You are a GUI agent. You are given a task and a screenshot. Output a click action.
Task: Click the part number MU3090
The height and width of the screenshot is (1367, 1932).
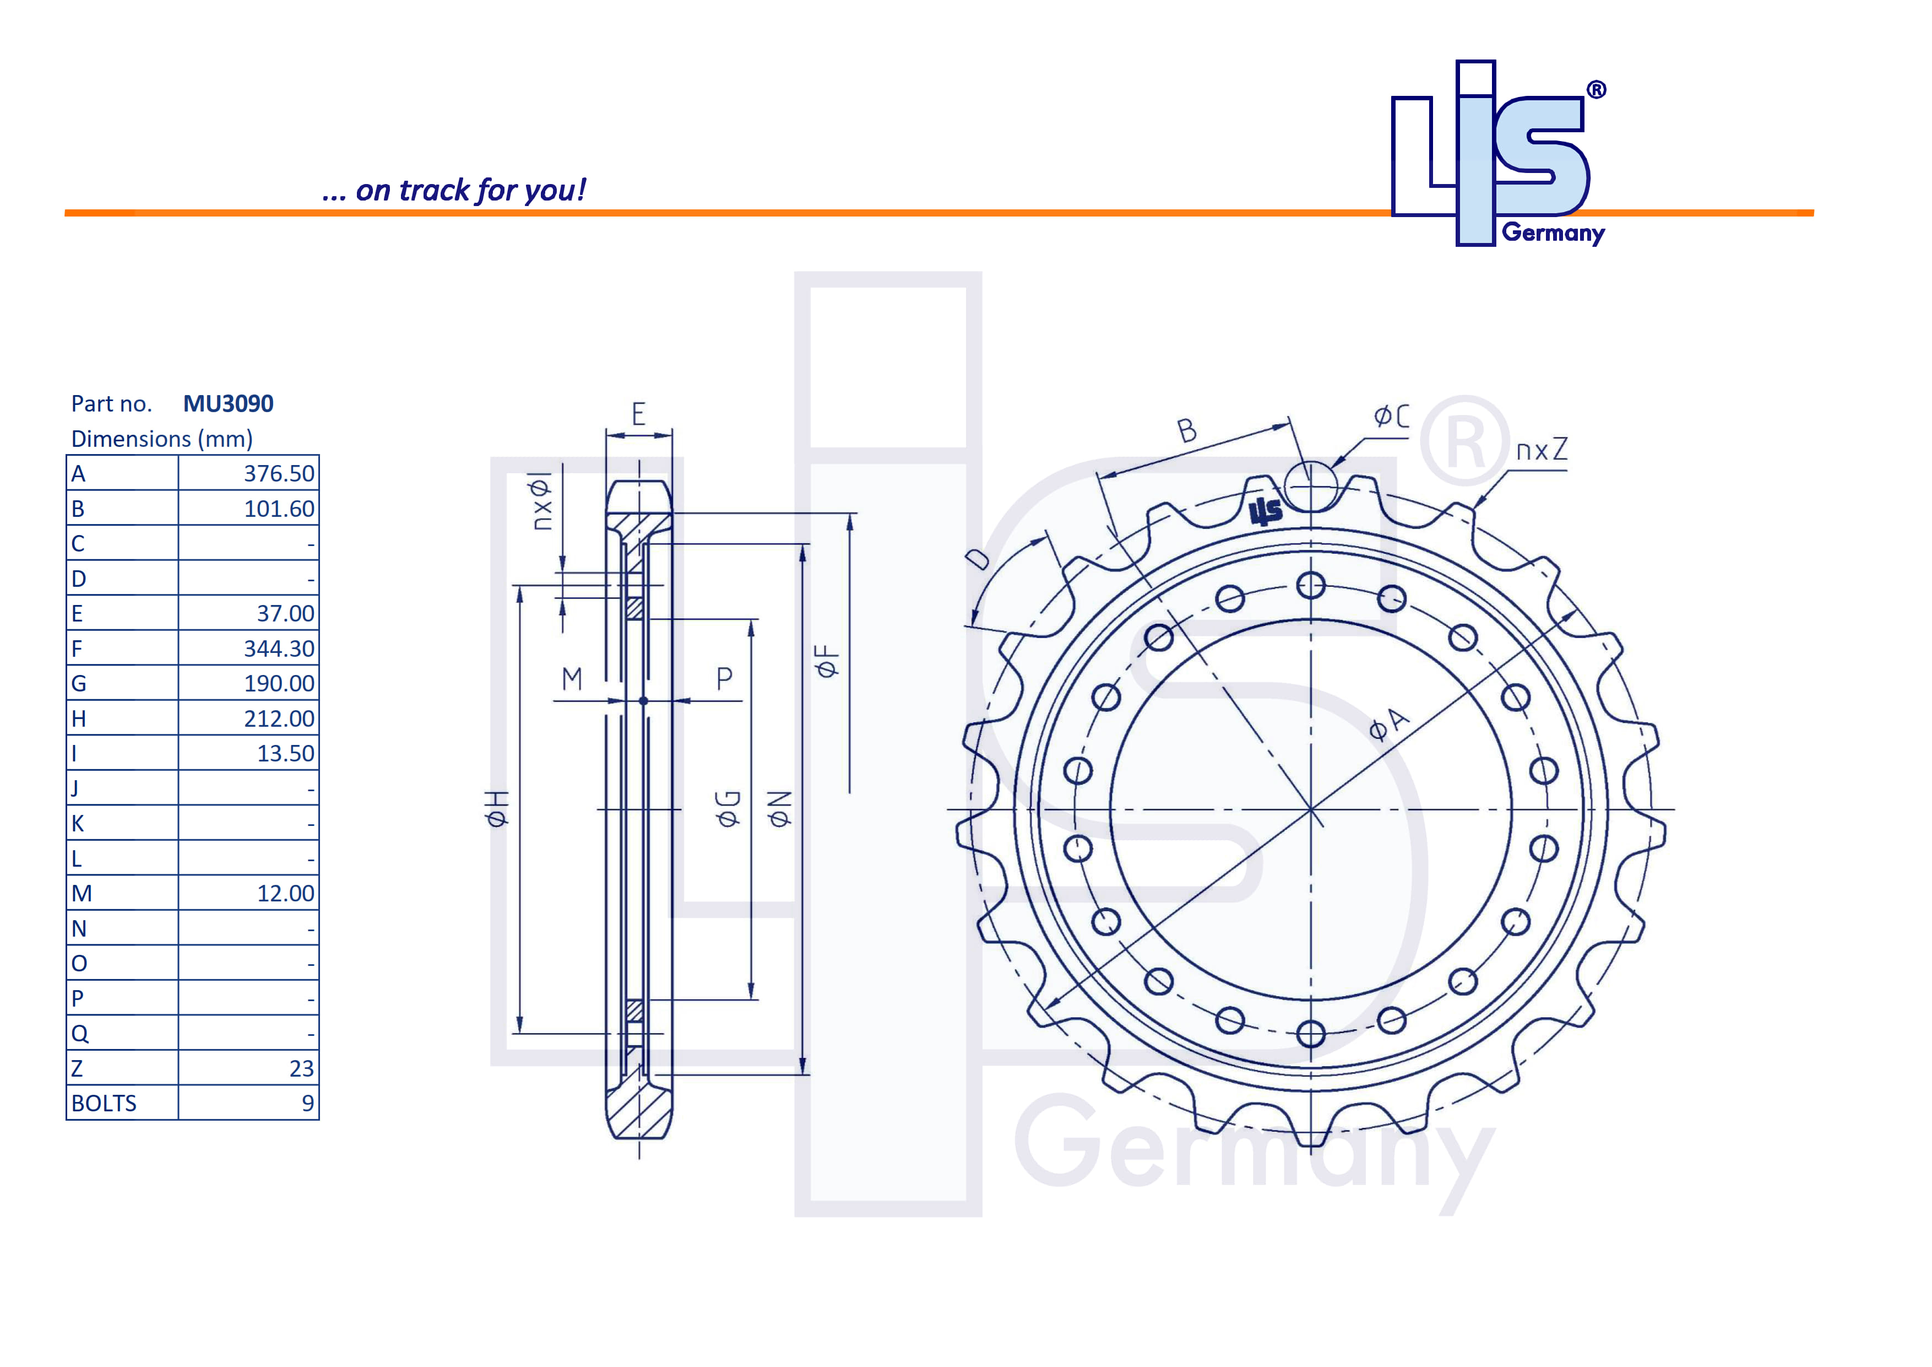coord(228,404)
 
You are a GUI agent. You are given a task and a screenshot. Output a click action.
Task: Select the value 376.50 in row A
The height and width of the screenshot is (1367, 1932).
coord(279,474)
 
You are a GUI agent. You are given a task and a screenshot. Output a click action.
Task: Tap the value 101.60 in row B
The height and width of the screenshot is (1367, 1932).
coord(279,509)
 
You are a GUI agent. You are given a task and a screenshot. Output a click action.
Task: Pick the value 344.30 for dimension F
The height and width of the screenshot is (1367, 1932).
coord(279,649)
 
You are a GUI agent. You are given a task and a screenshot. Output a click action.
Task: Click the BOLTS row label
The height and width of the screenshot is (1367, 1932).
coord(104,1104)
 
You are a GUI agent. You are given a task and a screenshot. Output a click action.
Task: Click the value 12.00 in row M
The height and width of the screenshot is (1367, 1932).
coord(285,894)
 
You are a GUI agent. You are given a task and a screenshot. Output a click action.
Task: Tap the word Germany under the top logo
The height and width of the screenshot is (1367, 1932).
coord(1553,233)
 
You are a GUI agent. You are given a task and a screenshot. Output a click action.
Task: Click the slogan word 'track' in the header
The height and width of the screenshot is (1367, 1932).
coord(433,191)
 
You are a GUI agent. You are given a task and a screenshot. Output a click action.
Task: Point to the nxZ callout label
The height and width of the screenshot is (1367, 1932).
coord(1542,450)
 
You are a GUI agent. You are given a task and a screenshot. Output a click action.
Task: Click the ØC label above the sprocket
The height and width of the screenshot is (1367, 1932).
coord(1390,416)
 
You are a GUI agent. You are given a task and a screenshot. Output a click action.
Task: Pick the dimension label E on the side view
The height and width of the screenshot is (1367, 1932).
coord(639,414)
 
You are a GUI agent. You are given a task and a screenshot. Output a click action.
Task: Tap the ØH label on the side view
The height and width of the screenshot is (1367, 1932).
coord(497,808)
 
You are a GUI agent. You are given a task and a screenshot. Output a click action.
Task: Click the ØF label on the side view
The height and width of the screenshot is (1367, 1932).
coord(827,662)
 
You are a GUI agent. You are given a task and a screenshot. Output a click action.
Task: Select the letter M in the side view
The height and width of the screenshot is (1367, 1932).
coord(572,678)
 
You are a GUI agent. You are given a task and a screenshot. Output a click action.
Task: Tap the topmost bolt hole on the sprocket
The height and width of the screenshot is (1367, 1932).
coord(1310,585)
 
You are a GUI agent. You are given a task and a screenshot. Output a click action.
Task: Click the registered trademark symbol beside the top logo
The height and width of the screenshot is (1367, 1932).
coord(1596,90)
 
